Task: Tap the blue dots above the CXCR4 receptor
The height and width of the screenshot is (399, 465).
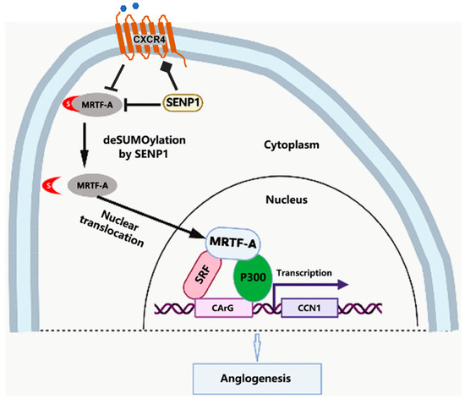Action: click(x=135, y=7)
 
